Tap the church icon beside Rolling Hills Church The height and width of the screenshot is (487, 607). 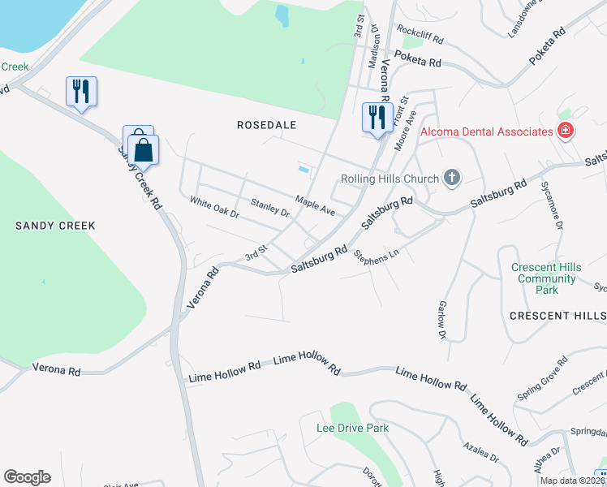pos(452,178)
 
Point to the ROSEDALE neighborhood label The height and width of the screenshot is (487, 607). pos(267,125)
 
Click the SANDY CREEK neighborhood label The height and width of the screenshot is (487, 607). pos(55,226)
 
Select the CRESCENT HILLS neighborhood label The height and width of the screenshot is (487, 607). pos(557,315)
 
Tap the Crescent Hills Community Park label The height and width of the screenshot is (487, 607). pos(545,278)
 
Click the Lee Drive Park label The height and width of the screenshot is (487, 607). pos(353,428)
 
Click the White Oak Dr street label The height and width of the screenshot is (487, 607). pos(214,207)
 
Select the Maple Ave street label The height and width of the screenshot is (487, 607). pos(315,205)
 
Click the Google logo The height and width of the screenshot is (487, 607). pos(27,477)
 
